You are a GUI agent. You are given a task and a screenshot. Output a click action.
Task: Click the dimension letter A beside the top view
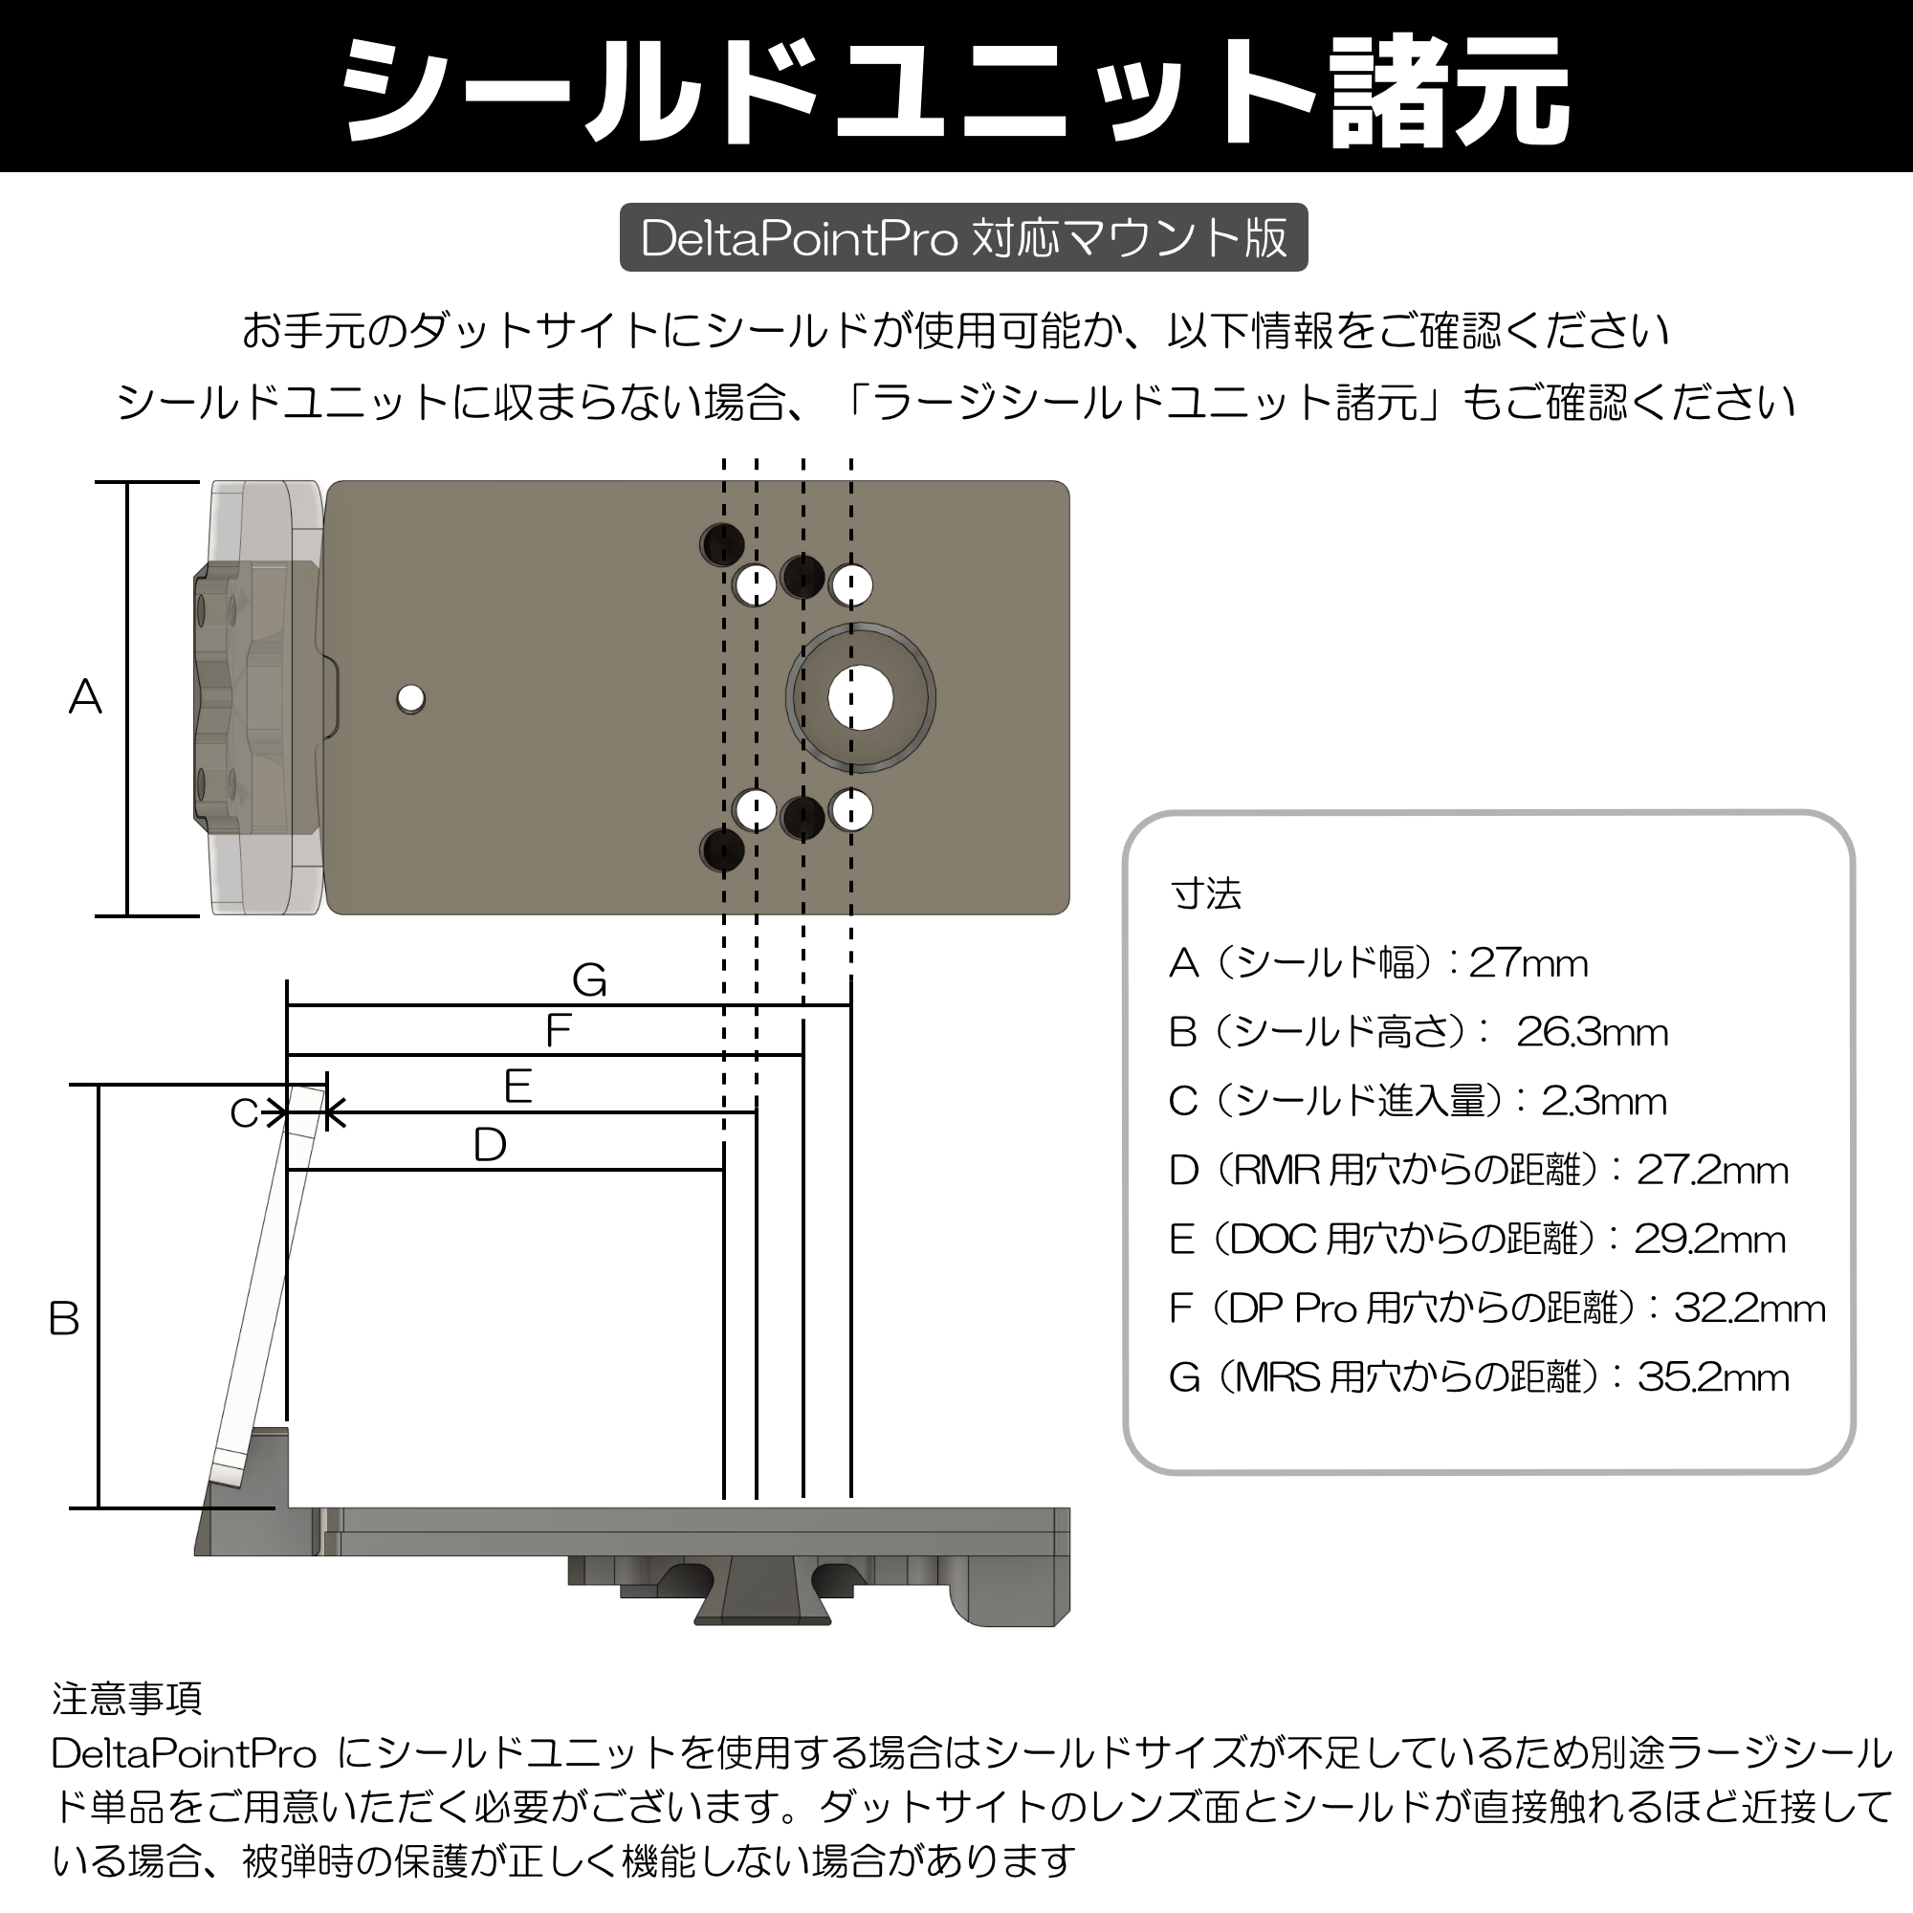point(85,697)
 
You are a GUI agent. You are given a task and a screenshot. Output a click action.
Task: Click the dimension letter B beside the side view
point(64,1319)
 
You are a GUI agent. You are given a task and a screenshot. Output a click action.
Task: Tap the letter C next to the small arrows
point(244,1114)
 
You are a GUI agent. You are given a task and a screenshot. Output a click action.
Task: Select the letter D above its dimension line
point(490,1146)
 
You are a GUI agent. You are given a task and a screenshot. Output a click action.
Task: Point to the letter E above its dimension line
point(517,1088)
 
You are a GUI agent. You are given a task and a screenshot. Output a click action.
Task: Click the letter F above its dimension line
point(559,1031)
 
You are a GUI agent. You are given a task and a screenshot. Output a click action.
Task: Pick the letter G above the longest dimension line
point(589,981)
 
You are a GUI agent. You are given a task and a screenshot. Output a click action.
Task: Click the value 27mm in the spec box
point(1528,963)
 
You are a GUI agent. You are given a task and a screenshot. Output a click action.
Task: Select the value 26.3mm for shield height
point(1592,1033)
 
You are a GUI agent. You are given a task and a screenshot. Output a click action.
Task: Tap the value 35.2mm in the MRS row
point(1713,1377)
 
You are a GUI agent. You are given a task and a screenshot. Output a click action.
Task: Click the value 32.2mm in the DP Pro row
point(1748,1309)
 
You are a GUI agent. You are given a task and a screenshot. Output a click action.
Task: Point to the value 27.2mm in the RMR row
point(1712,1171)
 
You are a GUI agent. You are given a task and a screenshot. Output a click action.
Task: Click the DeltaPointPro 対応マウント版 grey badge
point(963,237)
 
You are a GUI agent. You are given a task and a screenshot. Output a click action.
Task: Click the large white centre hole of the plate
point(861,698)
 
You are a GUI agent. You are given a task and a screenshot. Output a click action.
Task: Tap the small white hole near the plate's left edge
point(411,699)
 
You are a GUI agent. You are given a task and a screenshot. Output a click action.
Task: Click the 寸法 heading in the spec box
point(1205,894)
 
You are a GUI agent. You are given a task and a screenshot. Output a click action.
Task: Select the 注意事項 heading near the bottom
point(127,1699)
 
